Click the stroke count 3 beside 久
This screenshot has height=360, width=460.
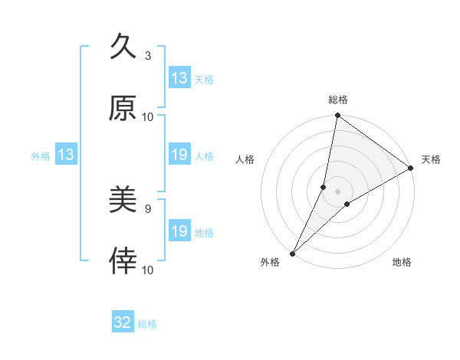coord(148,56)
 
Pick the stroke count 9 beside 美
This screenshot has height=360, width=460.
coord(148,209)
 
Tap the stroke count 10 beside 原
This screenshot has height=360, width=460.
coord(148,116)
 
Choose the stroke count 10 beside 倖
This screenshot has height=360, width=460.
coord(148,270)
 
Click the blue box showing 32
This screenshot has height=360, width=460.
coord(123,322)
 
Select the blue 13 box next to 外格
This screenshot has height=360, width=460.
coord(66,155)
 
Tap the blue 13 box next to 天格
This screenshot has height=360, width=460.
coord(179,78)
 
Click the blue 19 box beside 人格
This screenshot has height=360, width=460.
coord(179,155)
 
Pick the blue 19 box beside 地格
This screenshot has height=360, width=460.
coord(179,231)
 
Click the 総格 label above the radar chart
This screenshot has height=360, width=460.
coord(338,100)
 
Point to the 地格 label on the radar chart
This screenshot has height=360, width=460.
coord(402,263)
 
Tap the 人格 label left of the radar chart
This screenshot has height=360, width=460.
coord(245,159)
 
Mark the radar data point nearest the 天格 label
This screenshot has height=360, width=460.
coord(411,169)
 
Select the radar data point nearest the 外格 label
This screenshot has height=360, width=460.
coord(292,253)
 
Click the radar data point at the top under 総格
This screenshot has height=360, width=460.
coord(337,116)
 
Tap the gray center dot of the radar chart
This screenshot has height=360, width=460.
coord(337,191)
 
